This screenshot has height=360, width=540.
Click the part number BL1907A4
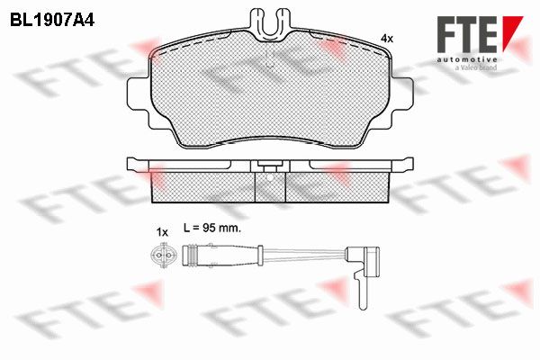tap(52, 21)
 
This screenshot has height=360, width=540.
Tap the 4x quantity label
tap(387, 39)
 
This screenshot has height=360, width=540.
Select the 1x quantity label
tap(162, 232)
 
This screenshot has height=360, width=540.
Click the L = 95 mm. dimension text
tap(212, 228)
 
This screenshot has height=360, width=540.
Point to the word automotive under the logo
tap(467, 59)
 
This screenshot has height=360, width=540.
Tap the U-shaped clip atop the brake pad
tap(271, 22)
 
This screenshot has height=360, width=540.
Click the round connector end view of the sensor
tap(163, 256)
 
